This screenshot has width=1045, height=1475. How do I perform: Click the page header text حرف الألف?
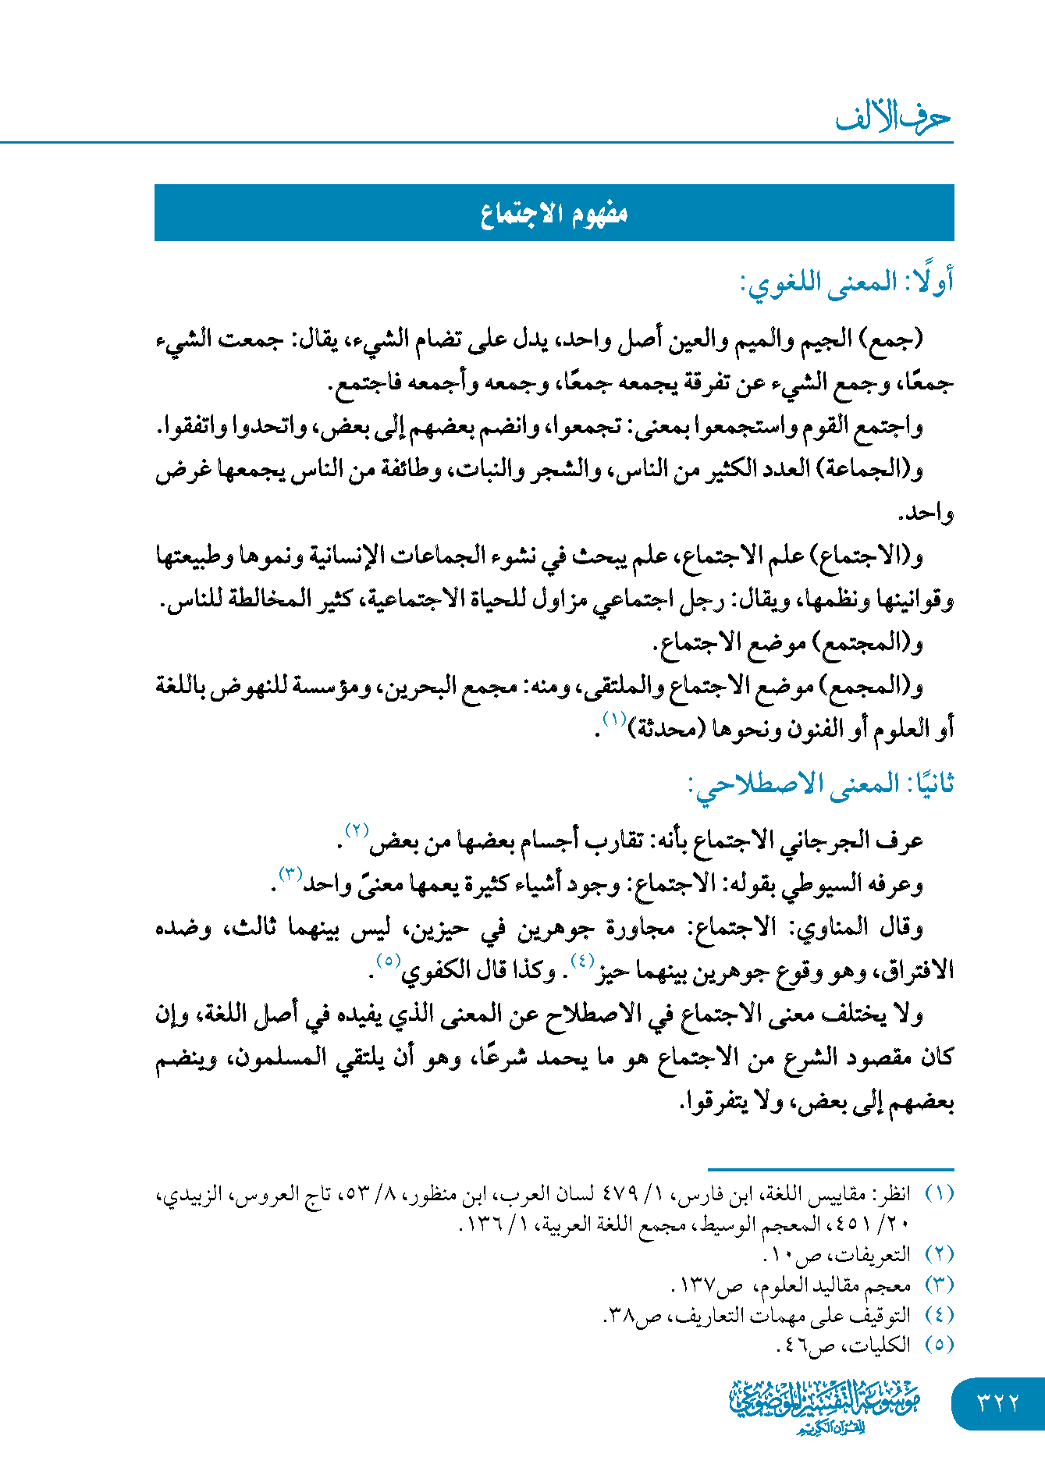coord(893,118)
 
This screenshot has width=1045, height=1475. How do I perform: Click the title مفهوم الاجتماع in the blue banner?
coord(554,213)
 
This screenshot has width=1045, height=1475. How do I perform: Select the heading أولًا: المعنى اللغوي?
coord(846,283)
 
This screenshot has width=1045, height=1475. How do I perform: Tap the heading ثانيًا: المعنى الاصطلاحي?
coord(821,784)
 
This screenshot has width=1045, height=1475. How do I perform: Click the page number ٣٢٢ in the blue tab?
coord(998,1402)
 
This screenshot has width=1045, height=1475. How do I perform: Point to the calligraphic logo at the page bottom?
coord(825,1404)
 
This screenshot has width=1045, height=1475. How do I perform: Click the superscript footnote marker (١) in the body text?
coord(614,719)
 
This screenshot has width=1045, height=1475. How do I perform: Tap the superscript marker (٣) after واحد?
coord(291,873)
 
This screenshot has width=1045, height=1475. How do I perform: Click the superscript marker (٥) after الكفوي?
coord(388,961)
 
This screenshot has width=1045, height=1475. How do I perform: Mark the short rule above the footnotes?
coord(830,1169)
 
